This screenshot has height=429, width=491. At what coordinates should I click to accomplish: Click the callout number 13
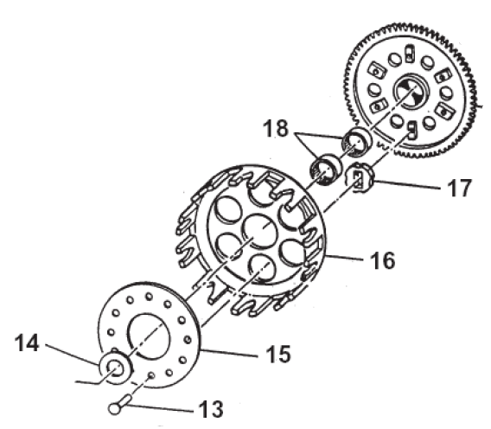(x=211, y=408)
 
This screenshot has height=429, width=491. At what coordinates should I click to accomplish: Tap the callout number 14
(x=27, y=343)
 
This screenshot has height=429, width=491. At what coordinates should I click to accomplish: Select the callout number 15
(x=278, y=354)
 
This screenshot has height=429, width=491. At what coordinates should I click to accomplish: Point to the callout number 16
(x=382, y=260)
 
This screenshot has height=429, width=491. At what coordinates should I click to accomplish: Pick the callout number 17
(x=459, y=188)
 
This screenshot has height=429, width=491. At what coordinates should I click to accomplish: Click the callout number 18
(x=276, y=128)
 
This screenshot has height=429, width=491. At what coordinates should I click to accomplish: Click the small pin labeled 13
(x=120, y=404)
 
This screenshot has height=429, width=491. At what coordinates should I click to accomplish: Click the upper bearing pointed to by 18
(x=356, y=143)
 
